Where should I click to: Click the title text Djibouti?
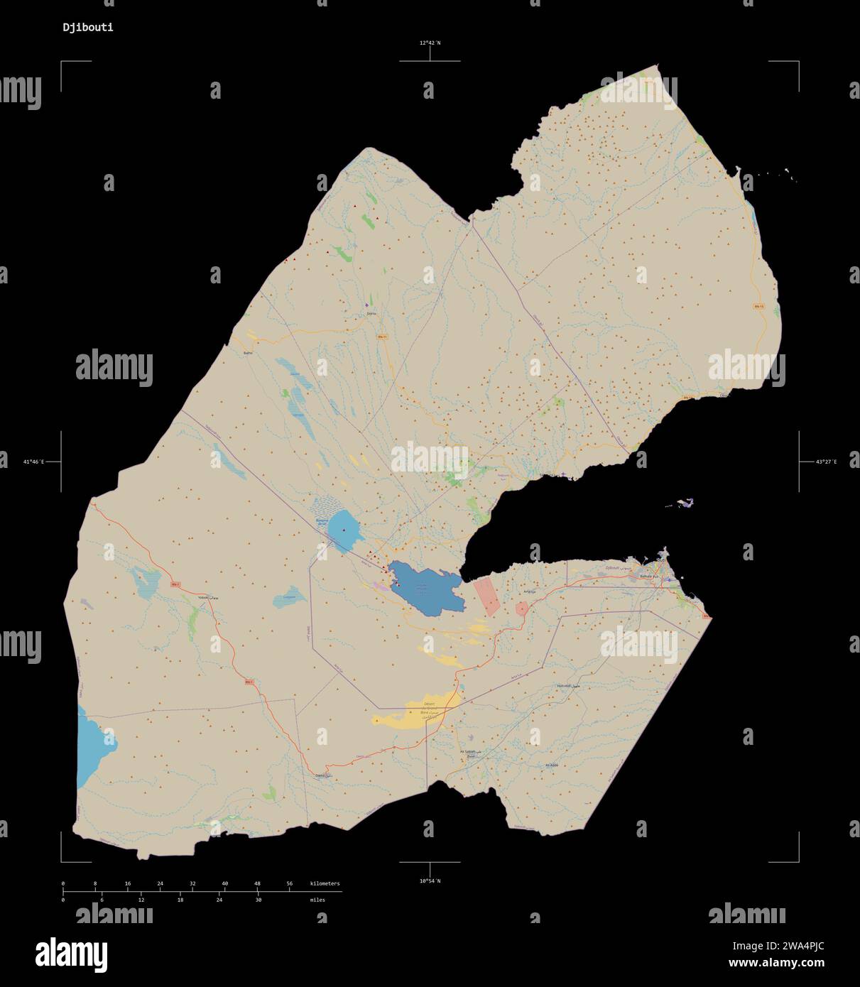tap(87, 28)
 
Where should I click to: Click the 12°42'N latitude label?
tap(429, 43)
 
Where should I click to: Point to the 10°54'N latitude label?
tap(429, 881)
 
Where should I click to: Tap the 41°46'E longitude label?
tap(33, 462)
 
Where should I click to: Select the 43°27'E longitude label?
tap(826, 462)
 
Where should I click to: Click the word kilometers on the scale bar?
tap(325, 884)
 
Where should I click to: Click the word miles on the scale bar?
tap(317, 900)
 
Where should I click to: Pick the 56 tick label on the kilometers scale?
tap(289, 884)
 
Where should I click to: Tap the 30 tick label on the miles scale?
tap(258, 900)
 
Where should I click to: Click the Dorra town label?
tap(371, 313)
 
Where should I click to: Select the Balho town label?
tap(248, 353)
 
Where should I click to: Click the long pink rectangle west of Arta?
tap(487, 596)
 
